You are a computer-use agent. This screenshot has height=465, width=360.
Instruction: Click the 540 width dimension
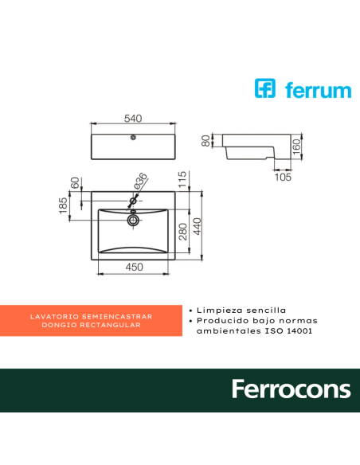(x=132, y=119)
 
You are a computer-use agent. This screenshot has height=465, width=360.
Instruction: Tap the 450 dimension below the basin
(x=134, y=268)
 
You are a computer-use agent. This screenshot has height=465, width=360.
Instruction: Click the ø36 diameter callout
(x=140, y=182)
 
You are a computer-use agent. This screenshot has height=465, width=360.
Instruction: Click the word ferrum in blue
(x=315, y=89)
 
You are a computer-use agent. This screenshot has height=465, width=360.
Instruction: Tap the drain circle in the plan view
(x=134, y=217)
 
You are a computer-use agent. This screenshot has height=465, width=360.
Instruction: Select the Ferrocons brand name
(x=291, y=389)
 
